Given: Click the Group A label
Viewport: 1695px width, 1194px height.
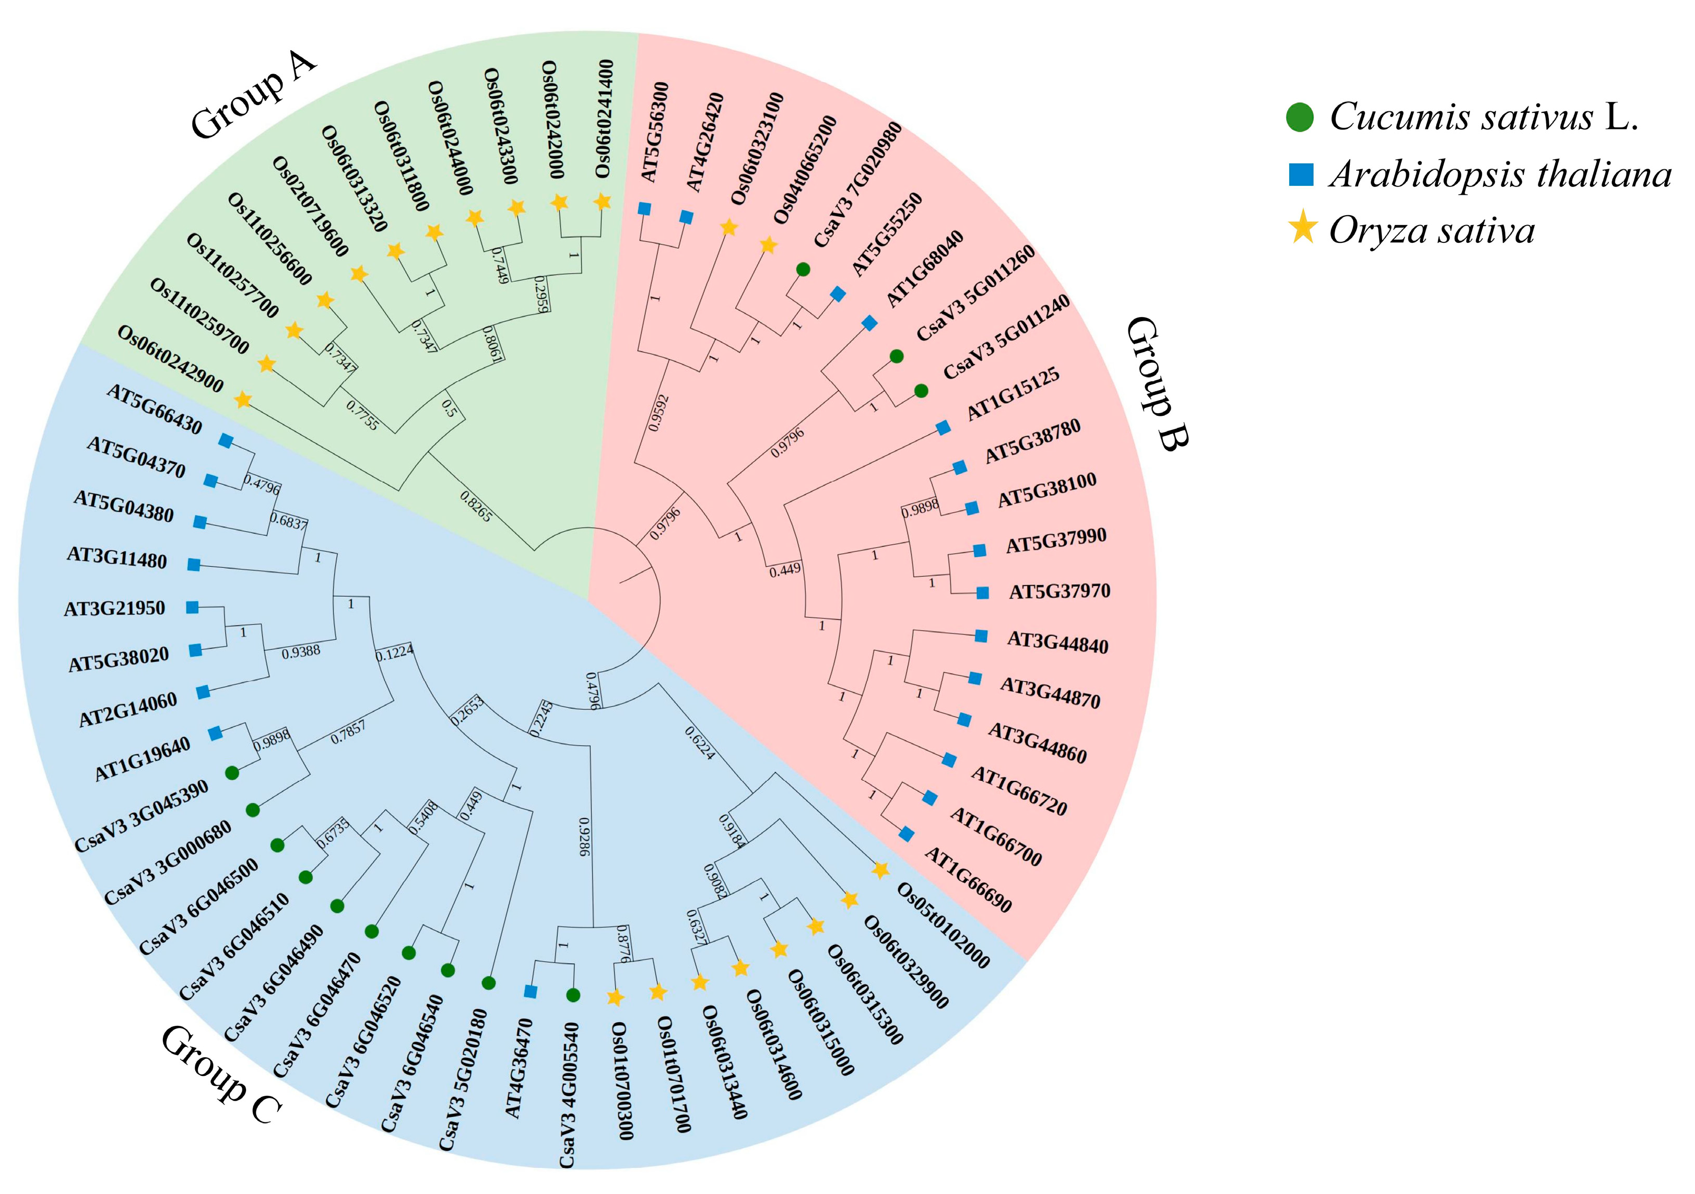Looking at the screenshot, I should tap(253, 97).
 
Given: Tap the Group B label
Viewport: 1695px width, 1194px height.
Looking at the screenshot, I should tap(1157, 383).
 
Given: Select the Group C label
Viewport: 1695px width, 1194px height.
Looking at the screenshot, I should tap(220, 1075).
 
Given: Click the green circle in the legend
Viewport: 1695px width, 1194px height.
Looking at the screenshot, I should tap(1300, 118).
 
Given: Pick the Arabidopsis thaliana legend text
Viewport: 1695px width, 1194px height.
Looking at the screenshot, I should tap(1499, 175).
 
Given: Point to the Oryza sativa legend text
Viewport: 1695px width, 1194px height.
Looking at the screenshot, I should tap(1431, 231).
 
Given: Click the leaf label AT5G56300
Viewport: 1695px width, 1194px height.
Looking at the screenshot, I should tap(654, 132).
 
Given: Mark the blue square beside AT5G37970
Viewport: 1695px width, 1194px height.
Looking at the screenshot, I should tap(983, 592).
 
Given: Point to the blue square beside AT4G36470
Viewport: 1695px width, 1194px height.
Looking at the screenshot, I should tap(530, 992).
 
